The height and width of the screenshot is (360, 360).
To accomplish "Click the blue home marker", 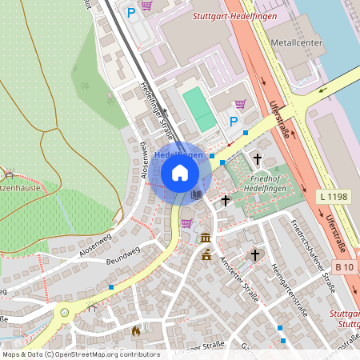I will pos(180,172).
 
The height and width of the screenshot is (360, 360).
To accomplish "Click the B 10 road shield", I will pos(344,266).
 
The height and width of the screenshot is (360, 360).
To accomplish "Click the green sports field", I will pos(198,109).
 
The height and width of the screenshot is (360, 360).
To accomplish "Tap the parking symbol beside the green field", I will pos(234,122).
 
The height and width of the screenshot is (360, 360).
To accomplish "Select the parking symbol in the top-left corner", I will pos(131,12).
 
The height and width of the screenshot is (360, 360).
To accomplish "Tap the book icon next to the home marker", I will pos(197,194).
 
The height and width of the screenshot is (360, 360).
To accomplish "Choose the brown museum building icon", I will pos(206,238).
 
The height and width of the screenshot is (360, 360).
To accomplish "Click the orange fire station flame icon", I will pos(135,330).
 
